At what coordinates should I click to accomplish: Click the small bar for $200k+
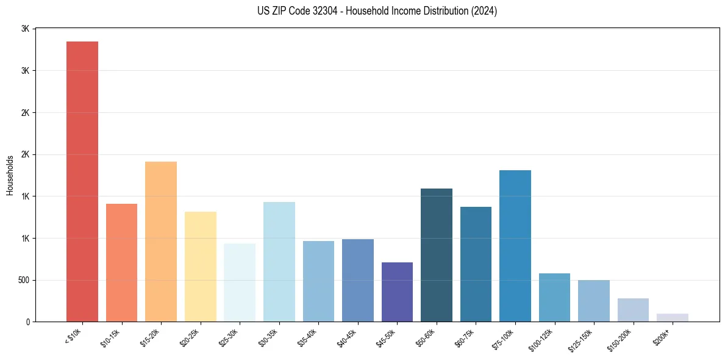pyautogui.click(x=673, y=318)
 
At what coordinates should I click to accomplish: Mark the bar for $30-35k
pyautogui.click(x=279, y=262)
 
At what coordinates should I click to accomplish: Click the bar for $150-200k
pyautogui.click(x=633, y=310)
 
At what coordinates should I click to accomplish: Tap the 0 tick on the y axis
pyautogui.click(x=27, y=322)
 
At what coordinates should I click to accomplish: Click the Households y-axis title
pyautogui.click(x=10, y=175)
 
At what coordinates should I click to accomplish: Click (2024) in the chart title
pyautogui.click(x=485, y=11)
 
